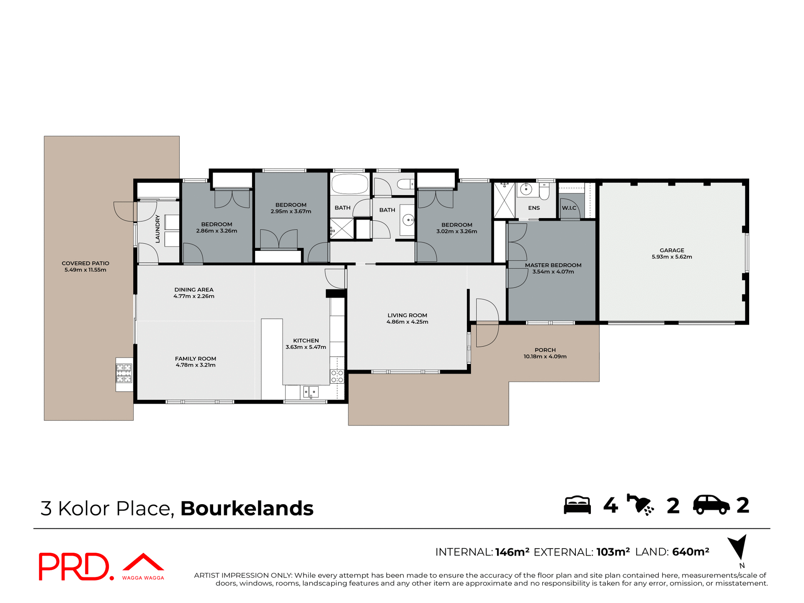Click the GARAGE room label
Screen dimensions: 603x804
672,250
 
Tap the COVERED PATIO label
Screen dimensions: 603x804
85,263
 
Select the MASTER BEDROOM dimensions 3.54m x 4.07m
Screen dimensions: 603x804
553,272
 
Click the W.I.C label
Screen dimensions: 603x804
569,208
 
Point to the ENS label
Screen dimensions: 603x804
534,208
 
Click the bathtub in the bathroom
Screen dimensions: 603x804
350,184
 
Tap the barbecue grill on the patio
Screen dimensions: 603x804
124,374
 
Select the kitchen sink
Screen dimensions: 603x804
311,392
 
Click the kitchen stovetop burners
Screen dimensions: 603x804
337,376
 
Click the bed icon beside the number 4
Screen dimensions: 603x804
577,505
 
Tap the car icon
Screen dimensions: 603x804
711,505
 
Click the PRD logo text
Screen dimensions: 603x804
75,567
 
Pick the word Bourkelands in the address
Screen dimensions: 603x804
247,508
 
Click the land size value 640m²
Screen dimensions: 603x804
691,552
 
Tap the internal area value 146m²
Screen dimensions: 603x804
512,552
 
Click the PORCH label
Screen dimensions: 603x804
545,350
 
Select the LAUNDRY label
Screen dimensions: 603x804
158,229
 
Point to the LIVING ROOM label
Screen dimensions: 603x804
407,315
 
